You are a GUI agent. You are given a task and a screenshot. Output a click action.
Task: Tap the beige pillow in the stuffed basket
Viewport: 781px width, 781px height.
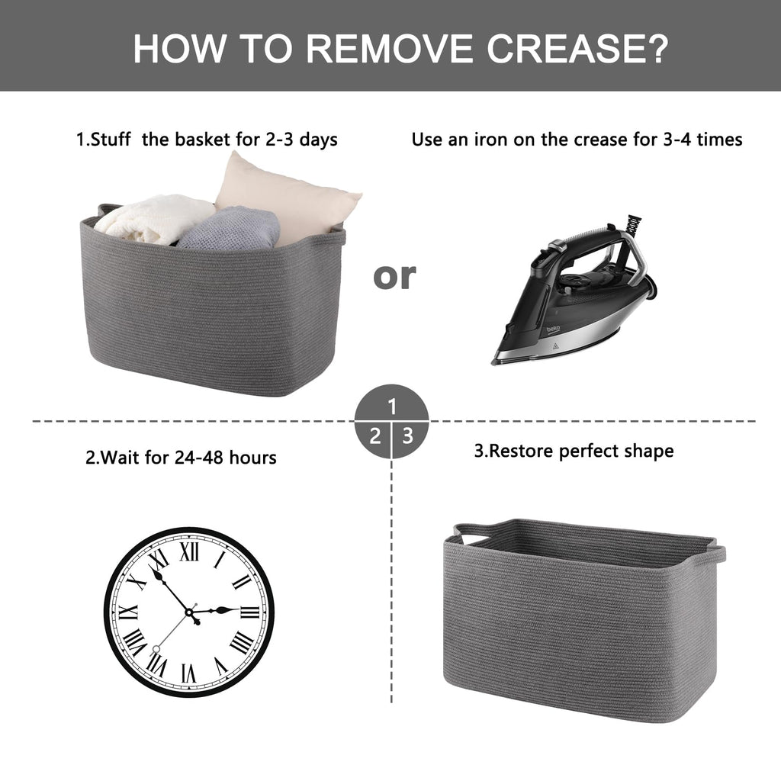click(x=288, y=198)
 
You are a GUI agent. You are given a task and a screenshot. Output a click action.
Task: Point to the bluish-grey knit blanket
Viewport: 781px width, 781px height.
click(x=229, y=230)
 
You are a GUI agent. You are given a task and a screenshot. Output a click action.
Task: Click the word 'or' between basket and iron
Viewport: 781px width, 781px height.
click(x=394, y=275)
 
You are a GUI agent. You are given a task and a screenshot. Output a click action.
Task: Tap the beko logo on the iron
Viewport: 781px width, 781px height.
click(x=554, y=329)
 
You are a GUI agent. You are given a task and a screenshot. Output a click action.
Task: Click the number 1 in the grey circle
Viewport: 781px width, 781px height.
click(x=393, y=407)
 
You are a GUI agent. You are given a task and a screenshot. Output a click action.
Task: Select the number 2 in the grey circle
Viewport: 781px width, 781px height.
click(x=374, y=436)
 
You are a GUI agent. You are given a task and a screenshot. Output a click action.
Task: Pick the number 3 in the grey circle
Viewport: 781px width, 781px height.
click(x=408, y=436)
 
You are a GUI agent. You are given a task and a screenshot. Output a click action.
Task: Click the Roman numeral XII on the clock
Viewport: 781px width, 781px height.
click(x=189, y=551)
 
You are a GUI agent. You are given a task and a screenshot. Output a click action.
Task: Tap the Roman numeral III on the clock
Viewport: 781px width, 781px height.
click(x=250, y=612)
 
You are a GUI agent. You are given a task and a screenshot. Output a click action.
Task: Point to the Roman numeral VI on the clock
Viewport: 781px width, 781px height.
click(x=189, y=673)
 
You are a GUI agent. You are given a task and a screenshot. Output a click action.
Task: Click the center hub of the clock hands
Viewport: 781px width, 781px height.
click(x=189, y=612)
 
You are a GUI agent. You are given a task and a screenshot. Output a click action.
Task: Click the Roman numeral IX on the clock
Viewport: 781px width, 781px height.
click(x=128, y=612)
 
